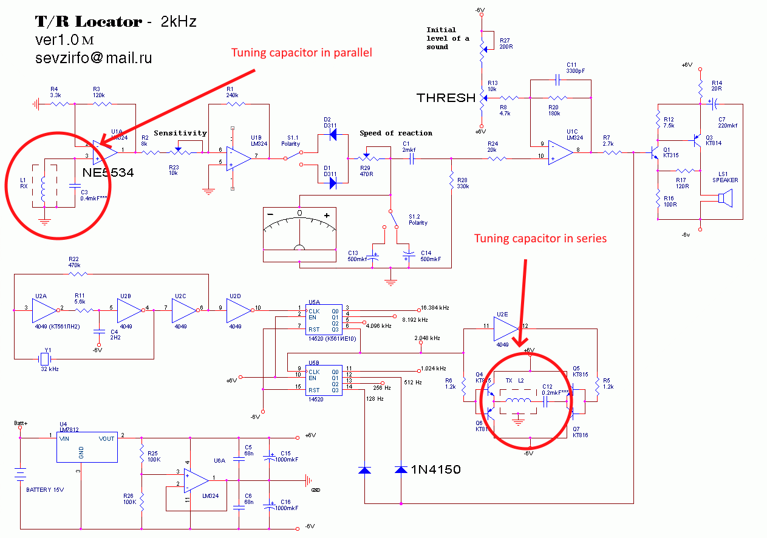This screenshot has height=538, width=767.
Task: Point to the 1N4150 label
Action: point(435,469)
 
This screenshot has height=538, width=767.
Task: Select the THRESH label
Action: point(445,97)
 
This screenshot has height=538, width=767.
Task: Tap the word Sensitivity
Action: point(180,133)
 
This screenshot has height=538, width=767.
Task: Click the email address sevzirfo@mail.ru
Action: point(94,58)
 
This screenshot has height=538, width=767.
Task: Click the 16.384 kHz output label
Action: point(434,308)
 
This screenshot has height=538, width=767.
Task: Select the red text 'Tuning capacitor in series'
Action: point(540,239)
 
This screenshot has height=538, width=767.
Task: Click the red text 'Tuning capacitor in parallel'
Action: point(301,53)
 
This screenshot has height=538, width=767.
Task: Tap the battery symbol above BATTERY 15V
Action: point(21,473)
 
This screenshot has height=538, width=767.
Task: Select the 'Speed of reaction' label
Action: point(396,133)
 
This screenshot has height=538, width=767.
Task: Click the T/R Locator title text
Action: point(88,22)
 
